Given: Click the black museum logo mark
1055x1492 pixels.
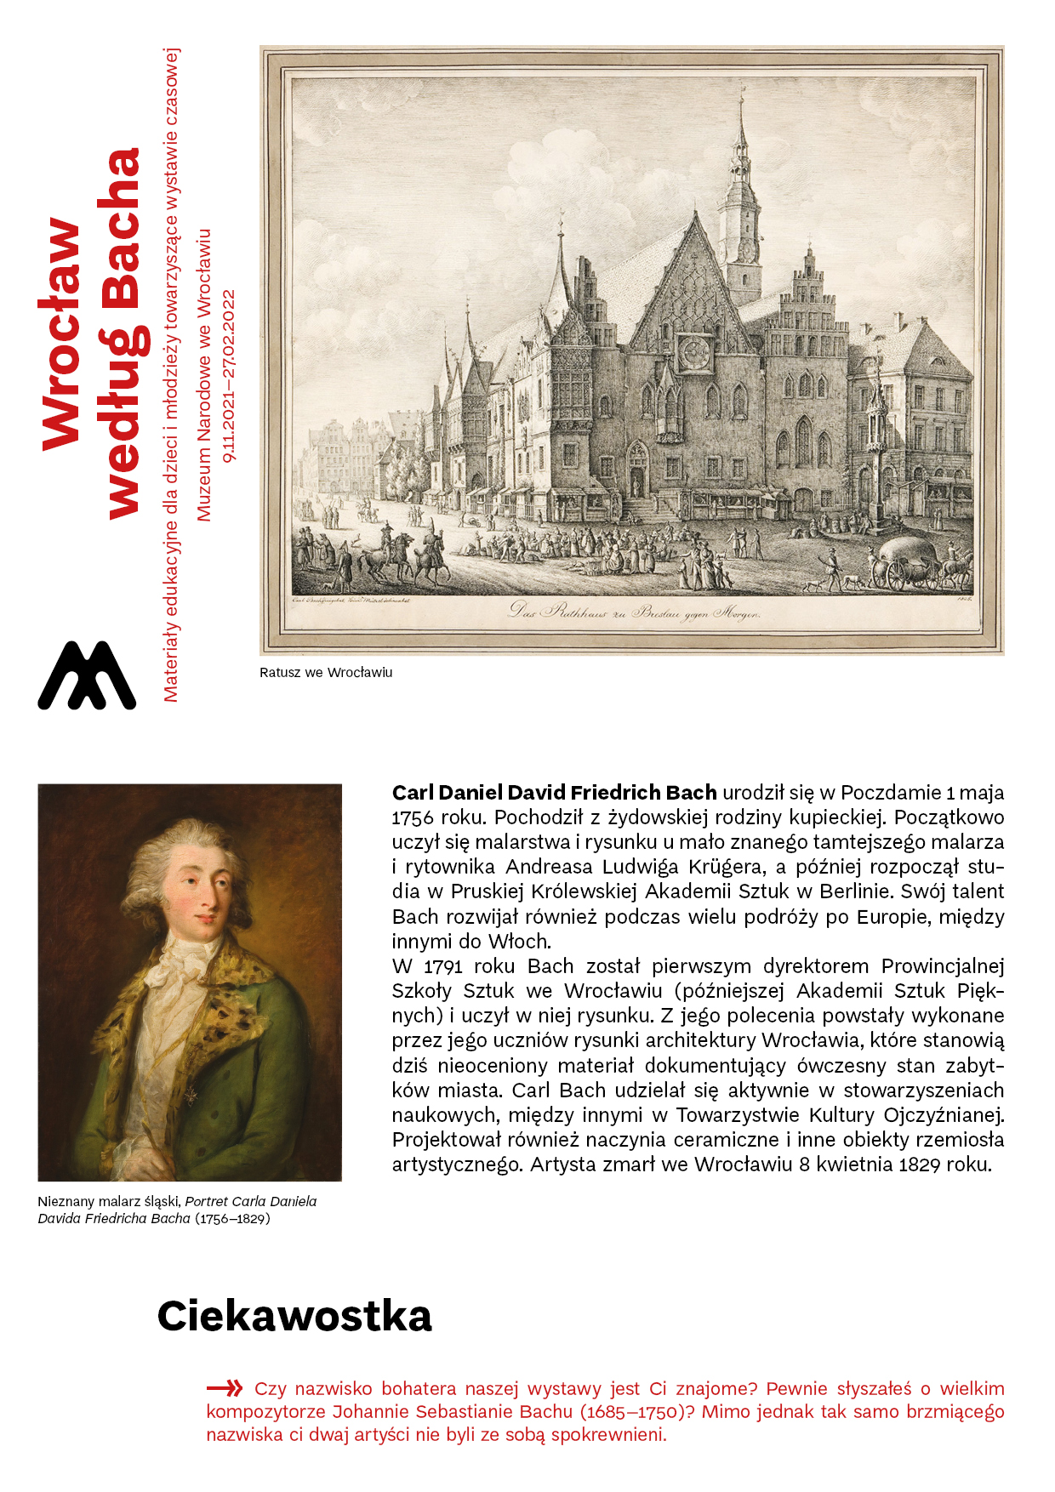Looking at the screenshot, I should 87,676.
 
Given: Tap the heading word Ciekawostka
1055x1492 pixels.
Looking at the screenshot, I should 294,1316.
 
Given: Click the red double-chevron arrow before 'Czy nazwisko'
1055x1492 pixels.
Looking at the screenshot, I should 225,1388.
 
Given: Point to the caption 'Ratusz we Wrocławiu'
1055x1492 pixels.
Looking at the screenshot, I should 326,673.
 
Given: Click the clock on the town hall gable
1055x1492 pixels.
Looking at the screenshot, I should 693,350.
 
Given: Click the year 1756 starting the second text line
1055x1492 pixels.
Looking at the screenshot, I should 413,817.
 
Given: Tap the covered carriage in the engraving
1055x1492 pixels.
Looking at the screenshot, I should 912,562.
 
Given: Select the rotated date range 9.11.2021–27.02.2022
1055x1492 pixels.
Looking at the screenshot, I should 229,376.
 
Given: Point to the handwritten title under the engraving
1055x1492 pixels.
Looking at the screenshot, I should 635,612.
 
